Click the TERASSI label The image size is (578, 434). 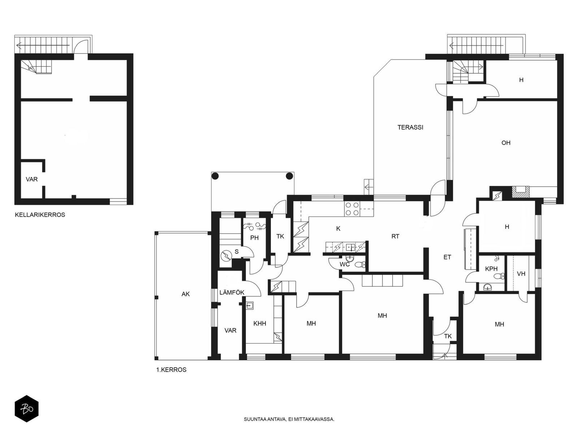[410, 127]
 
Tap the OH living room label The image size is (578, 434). [506, 143]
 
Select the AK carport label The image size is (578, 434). [185, 294]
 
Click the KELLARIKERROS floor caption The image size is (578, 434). [40, 215]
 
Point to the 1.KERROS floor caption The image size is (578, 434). [171, 370]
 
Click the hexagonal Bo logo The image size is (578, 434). [27, 409]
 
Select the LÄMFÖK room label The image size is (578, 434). [232, 292]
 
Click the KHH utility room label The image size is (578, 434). [260, 323]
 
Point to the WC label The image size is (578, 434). [344, 264]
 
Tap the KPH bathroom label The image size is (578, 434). [491, 269]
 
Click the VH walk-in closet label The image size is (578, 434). [521, 274]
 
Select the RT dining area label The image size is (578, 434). [395, 237]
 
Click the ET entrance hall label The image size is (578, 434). [447, 257]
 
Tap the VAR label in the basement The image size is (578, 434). [31, 179]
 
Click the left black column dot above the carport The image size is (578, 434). [215, 176]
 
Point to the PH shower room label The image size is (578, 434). [254, 238]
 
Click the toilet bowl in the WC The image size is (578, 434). [360, 265]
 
